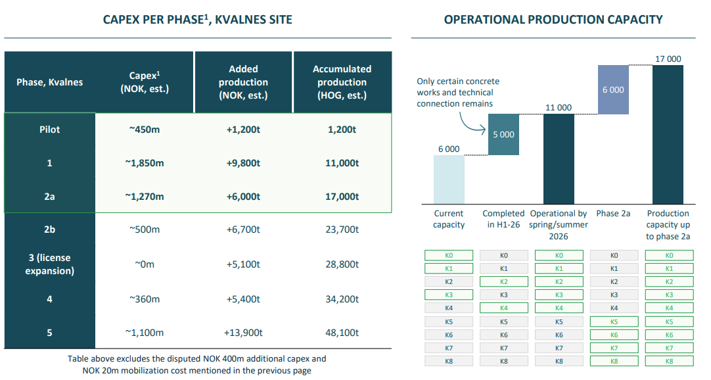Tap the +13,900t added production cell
(x=243, y=333)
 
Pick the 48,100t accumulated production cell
(x=342, y=333)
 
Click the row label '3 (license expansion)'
(x=49, y=264)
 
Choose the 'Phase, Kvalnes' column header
(x=49, y=82)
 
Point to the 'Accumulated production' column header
(x=342, y=82)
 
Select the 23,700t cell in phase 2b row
(x=342, y=229)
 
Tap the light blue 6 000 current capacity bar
(x=449, y=179)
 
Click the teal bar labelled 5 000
(x=503, y=135)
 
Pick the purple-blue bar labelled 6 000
(x=613, y=89)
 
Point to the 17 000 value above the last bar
(x=668, y=59)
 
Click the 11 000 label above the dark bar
(x=559, y=108)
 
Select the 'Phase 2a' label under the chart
(x=613, y=214)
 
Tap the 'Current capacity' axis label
(x=449, y=219)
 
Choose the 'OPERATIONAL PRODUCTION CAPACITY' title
(x=553, y=20)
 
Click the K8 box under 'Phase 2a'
(x=614, y=361)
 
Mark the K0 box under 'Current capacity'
(x=448, y=255)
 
